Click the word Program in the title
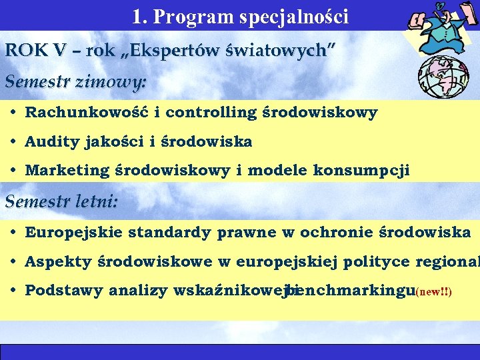click(190, 17)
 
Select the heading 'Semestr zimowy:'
click(75, 82)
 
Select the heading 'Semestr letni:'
click(61, 201)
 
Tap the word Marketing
click(67, 170)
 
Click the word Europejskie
click(73, 232)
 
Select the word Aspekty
click(58, 261)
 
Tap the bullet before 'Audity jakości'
click(14, 141)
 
